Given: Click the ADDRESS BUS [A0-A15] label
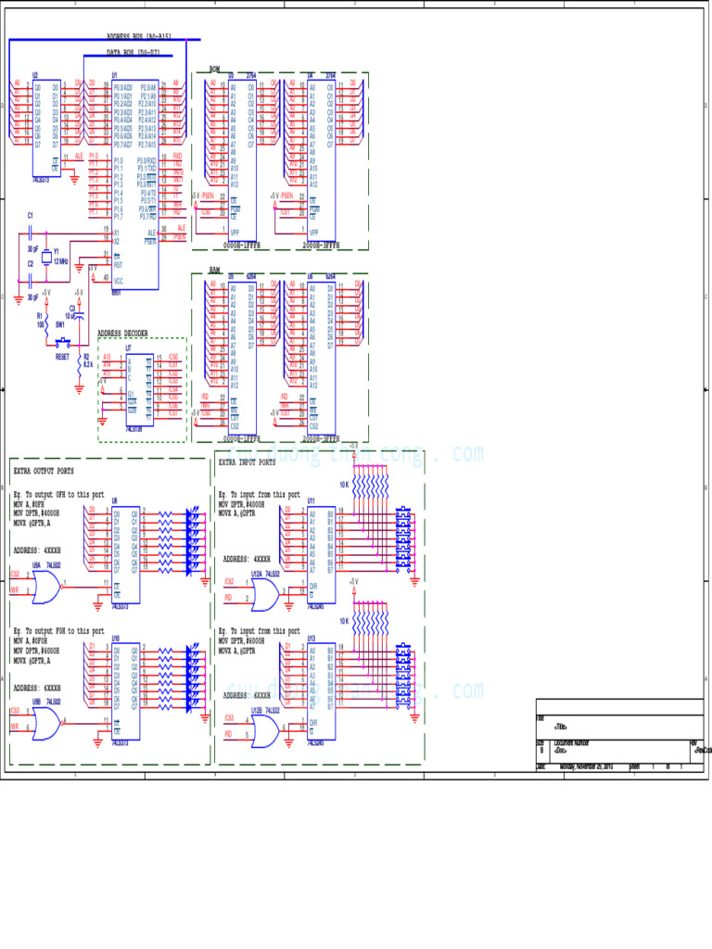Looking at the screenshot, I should [139, 36].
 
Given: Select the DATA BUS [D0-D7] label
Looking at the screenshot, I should [133, 53].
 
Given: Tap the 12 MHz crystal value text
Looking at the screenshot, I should [60, 261].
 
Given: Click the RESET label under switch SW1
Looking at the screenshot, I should [62, 356].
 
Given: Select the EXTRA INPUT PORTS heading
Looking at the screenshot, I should [248, 462].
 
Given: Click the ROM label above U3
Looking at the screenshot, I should [214, 69].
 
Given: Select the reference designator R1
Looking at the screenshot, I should [40, 315].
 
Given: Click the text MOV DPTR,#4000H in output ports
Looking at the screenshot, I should [37, 512].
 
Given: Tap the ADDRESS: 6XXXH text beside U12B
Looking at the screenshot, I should [247, 694].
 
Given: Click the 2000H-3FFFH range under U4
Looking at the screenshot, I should [321, 247].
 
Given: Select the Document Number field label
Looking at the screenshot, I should [572, 743].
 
